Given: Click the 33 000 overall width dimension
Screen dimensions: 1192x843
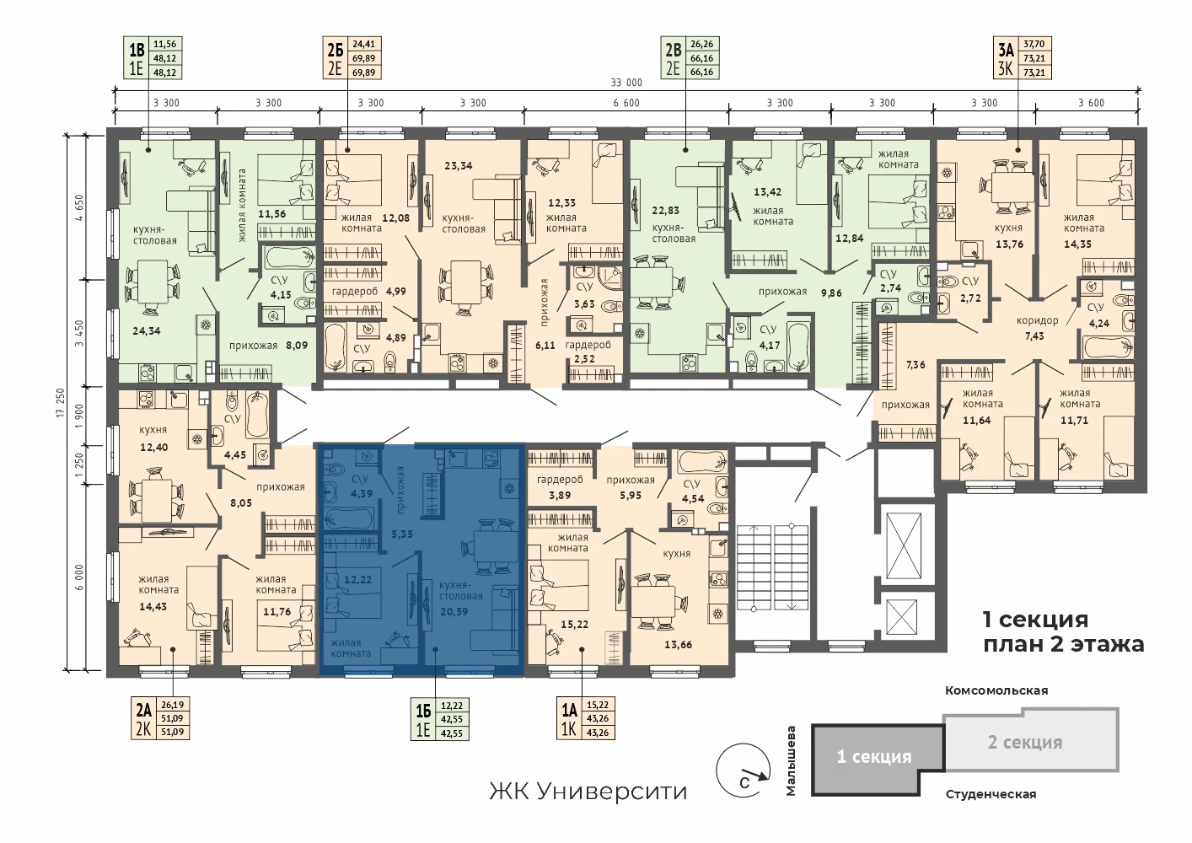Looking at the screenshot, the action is coord(626,83).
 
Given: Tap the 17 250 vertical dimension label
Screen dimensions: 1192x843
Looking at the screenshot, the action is coord(60,403).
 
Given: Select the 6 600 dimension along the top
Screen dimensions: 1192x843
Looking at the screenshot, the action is coord(626,103).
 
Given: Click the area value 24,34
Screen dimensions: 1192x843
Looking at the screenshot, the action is coord(147,330).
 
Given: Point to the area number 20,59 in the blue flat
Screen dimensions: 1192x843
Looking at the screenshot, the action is coord(454,611).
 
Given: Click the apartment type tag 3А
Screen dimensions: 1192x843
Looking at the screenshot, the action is coord(1006,51).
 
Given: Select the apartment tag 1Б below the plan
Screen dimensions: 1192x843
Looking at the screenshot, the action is coord(423,711).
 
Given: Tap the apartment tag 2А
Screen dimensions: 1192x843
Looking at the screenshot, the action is coord(143,710).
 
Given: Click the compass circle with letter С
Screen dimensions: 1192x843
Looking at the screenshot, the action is coord(744,770).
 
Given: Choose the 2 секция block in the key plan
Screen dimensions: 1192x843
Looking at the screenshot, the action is coord(1031,740).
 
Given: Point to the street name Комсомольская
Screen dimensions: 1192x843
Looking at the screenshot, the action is coord(996,690).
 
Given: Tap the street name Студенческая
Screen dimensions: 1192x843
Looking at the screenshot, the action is coord(991,795).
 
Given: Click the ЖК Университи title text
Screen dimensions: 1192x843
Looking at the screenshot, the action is coord(588,792).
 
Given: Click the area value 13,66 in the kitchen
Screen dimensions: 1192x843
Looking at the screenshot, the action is coord(678,645).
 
